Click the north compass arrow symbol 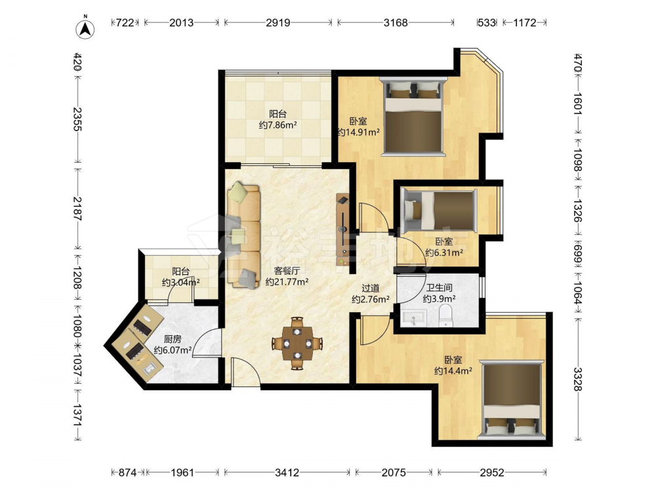(85, 29)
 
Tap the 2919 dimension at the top (277, 22)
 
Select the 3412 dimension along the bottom (287, 472)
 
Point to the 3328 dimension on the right (578, 379)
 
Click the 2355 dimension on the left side (77, 119)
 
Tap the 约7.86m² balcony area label (277, 125)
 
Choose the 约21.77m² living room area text (287, 281)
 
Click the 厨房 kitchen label (172, 339)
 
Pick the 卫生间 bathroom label (439, 288)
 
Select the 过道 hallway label (370, 288)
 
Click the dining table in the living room (297, 344)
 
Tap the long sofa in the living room (243, 235)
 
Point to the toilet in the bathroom (446, 316)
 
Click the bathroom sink (413, 318)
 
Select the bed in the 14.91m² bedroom (413, 116)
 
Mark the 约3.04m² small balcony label (181, 282)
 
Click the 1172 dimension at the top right (525, 22)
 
